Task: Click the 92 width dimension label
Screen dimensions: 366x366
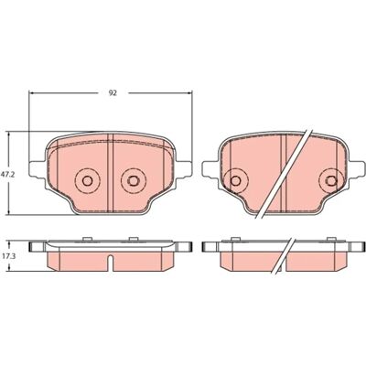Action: (x=113, y=93)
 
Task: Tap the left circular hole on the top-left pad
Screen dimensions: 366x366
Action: (x=87, y=180)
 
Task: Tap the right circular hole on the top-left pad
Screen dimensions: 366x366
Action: (x=134, y=180)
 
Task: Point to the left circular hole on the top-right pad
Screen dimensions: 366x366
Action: (x=235, y=180)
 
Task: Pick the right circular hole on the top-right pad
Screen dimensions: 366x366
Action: (x=331, y=180)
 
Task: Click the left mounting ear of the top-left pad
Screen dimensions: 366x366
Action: (x=38, y=169)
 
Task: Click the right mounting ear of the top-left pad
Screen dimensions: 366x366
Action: (x=184, y=169)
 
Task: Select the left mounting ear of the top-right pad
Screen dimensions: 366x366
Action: (x=210, y=169)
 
